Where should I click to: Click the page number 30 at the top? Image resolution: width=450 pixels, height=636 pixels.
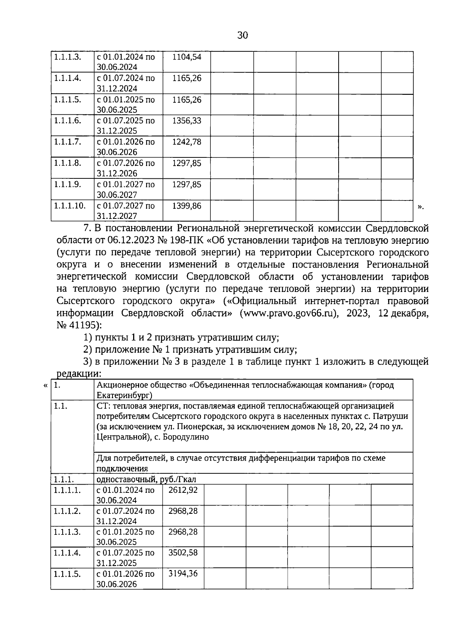tap(243, 36)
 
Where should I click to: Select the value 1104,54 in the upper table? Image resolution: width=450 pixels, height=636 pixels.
tap(186, 57)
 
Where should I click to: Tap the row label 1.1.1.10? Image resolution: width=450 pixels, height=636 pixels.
tap(70, 206)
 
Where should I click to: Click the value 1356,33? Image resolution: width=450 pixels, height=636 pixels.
tap(186, 121)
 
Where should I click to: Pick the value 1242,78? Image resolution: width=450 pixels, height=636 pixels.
tap(186, 142)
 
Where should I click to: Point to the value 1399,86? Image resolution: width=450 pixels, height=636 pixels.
tap(186, 206)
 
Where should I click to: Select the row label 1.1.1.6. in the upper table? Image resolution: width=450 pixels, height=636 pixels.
tap(67, 121)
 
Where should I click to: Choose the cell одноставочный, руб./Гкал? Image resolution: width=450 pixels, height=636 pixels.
tap(146, 479)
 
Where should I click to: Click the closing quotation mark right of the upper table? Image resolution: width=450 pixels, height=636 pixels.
tap(420, 207)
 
